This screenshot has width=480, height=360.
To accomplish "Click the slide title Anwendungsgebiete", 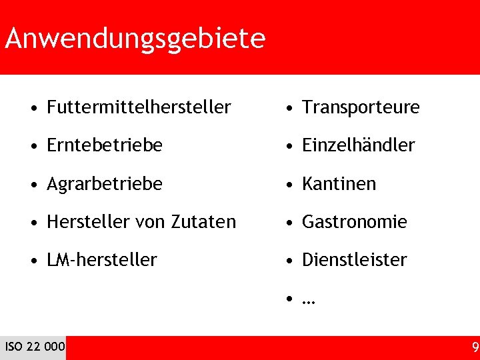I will click(x=135, y=39).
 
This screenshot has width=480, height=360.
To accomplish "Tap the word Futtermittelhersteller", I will click(x=139, y=107).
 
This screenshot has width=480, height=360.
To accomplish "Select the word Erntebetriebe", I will click(x=105, y=145).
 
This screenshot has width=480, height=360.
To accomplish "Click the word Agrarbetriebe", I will click(x=105, y=183).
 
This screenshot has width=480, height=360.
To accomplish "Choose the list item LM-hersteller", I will click(x=102, y=259).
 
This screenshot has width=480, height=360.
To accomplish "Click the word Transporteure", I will click(x=361, y=107).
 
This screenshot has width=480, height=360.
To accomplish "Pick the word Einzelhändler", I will click(x=358, y=145).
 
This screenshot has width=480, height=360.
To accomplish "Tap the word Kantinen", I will click(x=339, y=183).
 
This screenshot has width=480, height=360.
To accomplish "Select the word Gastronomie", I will click(x=354, y=221).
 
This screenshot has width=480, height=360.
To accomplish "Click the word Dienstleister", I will click(x=354, y=259).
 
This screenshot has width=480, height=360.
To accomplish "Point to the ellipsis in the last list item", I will click(x=308, y=300).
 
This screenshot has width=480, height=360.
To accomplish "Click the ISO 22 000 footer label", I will click(x=35, y=347).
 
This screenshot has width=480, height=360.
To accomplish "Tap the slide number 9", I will click(x=475, y=347).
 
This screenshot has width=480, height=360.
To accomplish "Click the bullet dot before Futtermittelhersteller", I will click(x=34, y=107).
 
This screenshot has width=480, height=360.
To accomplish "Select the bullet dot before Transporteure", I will click(x=289, y=107).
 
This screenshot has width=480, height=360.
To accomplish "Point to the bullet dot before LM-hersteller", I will click(x=34, y=260).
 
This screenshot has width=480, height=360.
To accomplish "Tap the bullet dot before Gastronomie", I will click(x=289, y=222).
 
